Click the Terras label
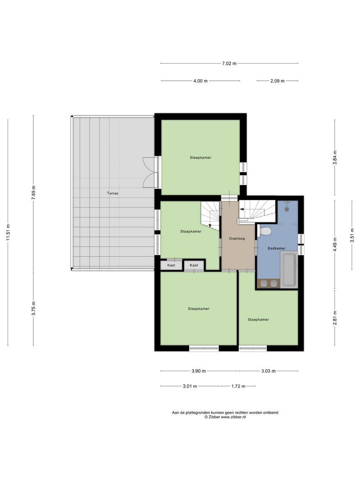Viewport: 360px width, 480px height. tap(112, 193)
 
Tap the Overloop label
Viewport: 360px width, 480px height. tap(237, 239)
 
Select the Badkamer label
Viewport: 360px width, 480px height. tap(277, 248)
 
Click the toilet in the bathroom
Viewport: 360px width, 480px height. tap(266, 232)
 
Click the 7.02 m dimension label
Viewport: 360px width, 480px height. tap(229, 64)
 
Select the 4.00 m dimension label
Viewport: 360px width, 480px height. tap(200, 81)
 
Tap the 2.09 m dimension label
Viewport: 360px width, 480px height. tap(277, 81)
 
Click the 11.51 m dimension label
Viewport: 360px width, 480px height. tap(8, 231)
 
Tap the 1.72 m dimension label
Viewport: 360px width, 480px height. tap(238, 386)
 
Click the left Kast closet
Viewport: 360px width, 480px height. tap(171, 265)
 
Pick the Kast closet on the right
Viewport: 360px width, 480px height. tap(194, 265)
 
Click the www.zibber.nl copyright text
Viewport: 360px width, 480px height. tap(225, 417)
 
